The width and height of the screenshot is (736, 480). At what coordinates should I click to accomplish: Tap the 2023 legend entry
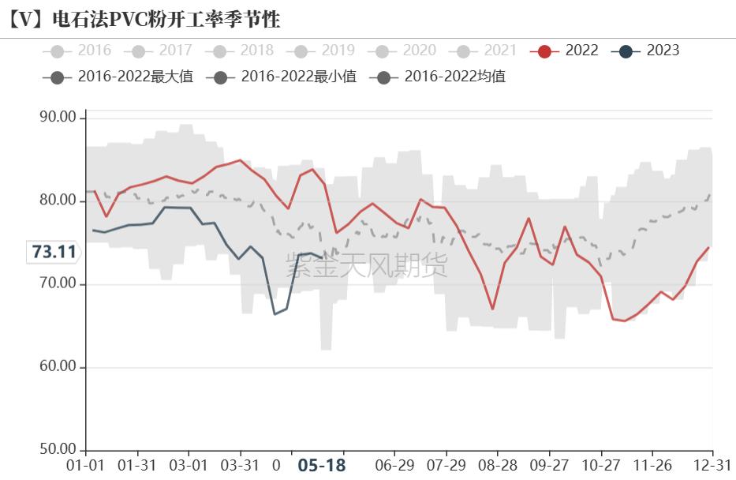(645, 51)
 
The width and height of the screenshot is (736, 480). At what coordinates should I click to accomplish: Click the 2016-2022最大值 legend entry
(118, 77)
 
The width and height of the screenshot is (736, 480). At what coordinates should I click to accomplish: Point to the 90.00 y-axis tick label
(57, 118)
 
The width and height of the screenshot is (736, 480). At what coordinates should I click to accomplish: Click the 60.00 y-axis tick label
(57, 367)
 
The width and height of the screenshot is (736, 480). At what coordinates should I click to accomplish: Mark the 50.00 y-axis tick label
(57, 450)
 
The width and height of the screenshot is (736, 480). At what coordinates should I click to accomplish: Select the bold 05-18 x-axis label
(321, 465)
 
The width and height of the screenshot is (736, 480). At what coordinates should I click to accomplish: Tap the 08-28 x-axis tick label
(498, 465)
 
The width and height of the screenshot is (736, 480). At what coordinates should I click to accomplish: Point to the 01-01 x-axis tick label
(85, 465)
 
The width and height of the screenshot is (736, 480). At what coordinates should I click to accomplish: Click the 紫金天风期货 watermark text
(367, 266)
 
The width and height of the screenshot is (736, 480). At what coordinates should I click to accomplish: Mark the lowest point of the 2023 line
(275, 314)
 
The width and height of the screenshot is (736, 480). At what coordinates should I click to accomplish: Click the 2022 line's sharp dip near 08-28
(492, 309)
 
